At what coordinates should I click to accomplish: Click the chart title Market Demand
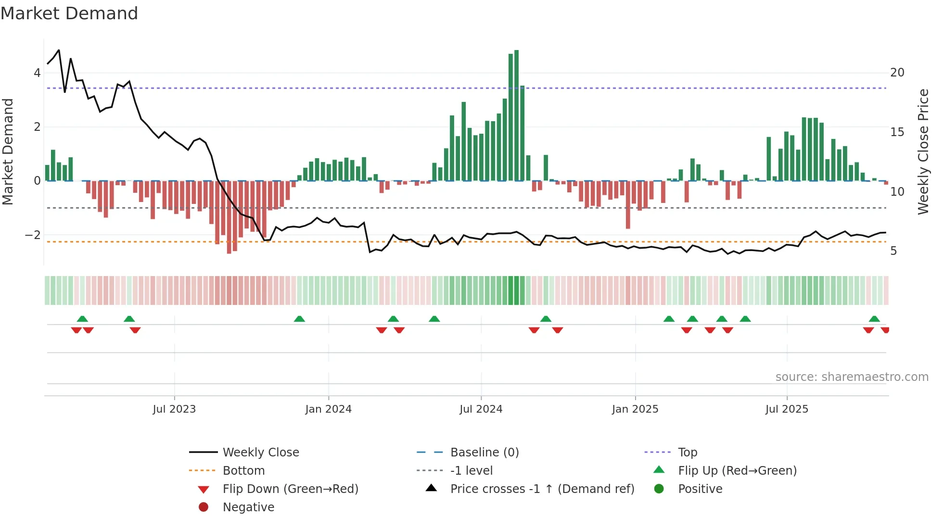click(69, 13)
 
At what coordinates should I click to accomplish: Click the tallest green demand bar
click(516, 115)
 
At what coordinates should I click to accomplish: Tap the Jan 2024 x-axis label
click(328, 409)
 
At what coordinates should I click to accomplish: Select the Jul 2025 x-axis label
click(787, 409)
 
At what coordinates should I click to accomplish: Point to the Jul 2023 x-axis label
click(174, 409)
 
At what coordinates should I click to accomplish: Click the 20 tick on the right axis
click(897, 73)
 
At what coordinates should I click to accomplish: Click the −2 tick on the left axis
click(33, 235)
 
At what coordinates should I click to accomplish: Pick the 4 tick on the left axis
click(37, 73)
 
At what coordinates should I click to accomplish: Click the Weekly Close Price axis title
click(923, 151)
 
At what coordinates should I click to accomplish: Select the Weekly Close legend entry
click(260, 453)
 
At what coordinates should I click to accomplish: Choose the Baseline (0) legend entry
click(484, 453)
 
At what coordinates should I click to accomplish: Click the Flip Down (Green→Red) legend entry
click(290, 489)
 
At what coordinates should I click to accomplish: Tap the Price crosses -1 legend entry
click(542, 489)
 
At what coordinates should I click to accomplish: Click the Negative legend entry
click(248, 507)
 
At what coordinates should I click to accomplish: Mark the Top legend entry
click(687, 453)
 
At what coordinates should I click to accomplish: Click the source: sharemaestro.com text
click(852, 377)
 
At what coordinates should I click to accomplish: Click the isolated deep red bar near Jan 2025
click(628, 204)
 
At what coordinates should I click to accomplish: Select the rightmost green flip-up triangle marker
click(874, 319)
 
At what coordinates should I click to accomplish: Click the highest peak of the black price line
click(59, 50)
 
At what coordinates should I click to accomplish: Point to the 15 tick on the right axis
click(897, 132)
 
